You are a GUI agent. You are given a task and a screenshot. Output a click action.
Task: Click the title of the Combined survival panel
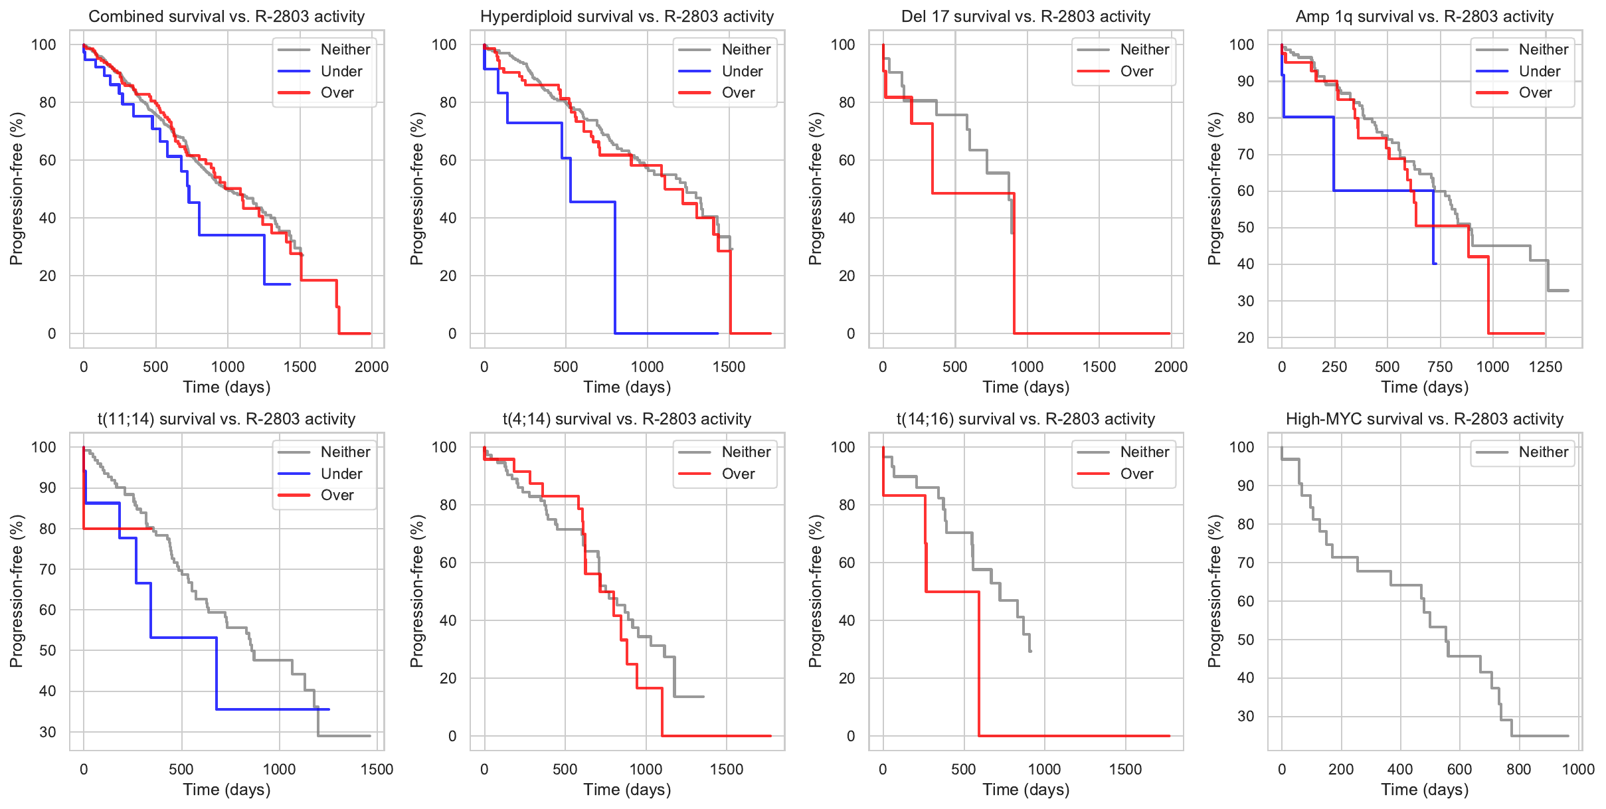click(x=226, y=17)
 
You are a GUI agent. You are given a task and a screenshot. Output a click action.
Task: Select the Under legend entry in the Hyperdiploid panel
click(x=742, y=71)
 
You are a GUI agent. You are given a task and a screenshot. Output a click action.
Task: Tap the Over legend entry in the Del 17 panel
click(x=1136, y=71)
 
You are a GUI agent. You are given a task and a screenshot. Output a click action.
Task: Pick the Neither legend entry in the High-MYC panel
click(x=1543, y=452)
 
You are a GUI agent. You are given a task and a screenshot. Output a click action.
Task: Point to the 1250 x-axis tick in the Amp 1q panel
click(x=1545, y=367)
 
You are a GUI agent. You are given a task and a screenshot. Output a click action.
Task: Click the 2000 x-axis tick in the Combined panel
click(x=371, y=367)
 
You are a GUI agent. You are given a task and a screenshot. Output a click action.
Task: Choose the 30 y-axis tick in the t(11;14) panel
click(x=48, y=732)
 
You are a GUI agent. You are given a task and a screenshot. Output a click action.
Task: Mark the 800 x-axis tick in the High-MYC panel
click(x=1518, y=770)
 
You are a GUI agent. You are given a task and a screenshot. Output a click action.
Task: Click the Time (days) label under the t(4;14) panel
click(x=627, y=790)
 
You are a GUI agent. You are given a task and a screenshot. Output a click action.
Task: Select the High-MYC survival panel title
click(x=1424, y=419)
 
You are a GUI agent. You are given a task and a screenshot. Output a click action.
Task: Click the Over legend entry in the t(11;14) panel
click(x=337, y=495)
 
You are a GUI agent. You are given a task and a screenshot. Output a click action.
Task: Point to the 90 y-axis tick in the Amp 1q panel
click(x=1241, y=81)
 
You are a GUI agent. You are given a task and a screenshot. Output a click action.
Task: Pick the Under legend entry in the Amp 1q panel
click(x=1539, y=71)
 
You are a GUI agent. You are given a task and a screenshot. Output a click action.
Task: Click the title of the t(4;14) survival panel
click(x=626, y=419)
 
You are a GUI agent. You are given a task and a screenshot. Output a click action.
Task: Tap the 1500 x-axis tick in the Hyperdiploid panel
click(x=729, y=367)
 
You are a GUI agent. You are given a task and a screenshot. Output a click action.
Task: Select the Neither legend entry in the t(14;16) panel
click(x=1144, y=452)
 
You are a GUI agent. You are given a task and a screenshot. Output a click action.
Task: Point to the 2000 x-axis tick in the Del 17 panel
click(x=1170, y=367)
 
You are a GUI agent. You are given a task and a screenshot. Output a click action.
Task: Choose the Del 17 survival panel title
click(x=1026, y=17)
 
